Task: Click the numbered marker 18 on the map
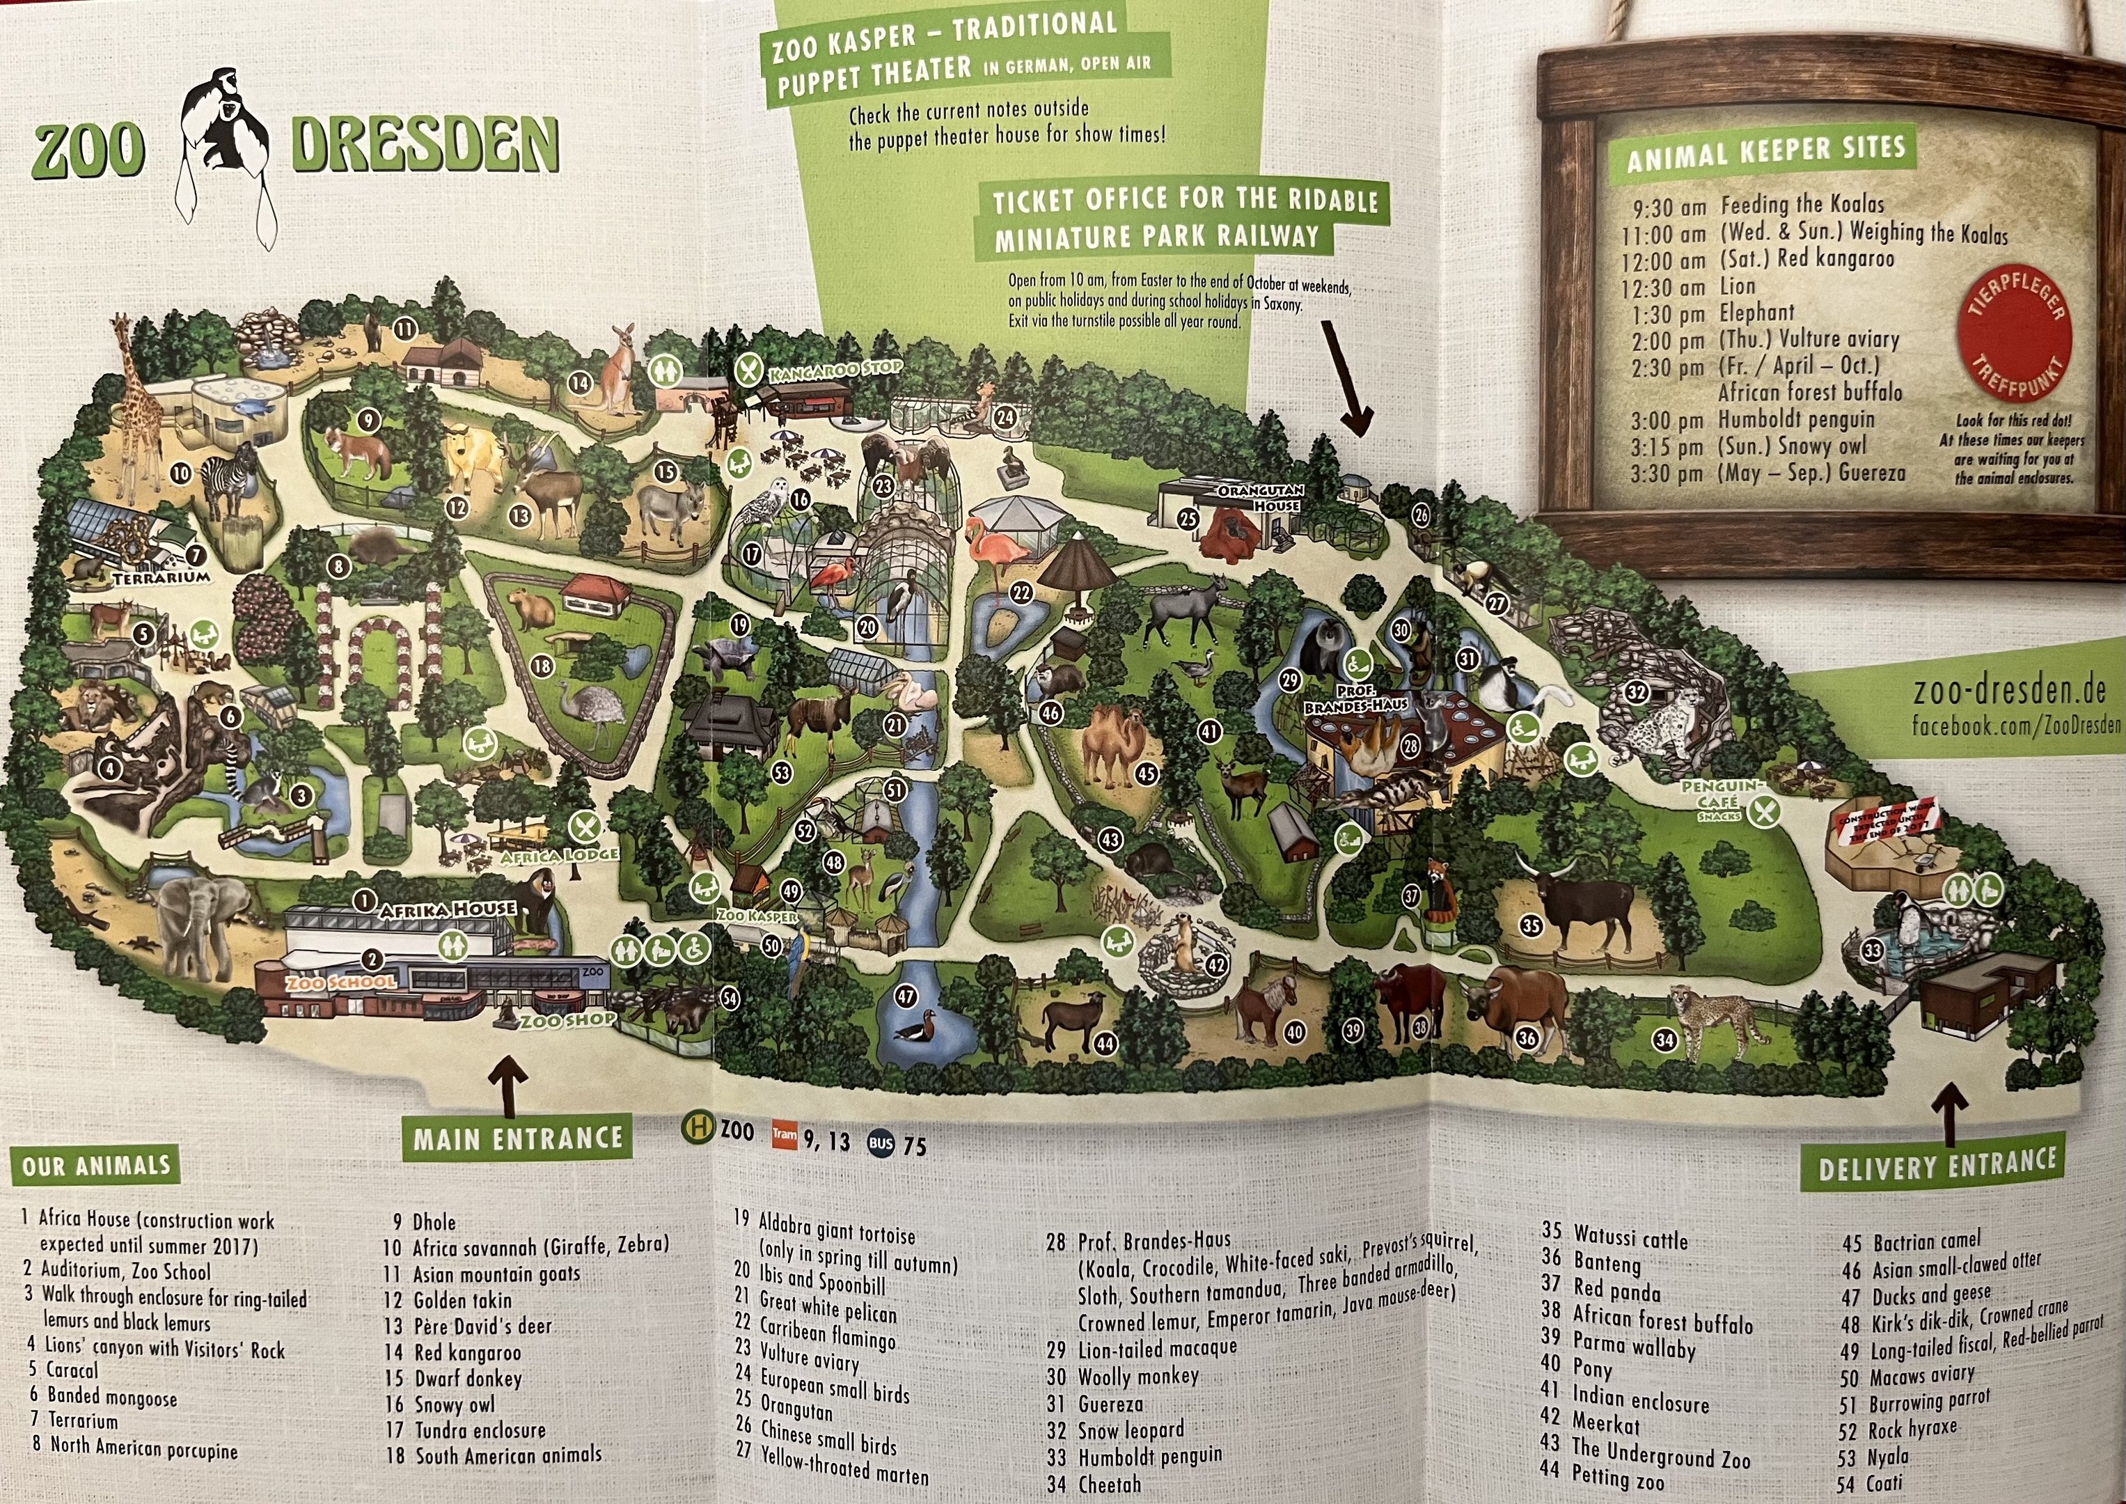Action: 541,665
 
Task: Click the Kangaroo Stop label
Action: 833,370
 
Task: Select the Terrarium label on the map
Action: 162,578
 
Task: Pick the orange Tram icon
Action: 783,1134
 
